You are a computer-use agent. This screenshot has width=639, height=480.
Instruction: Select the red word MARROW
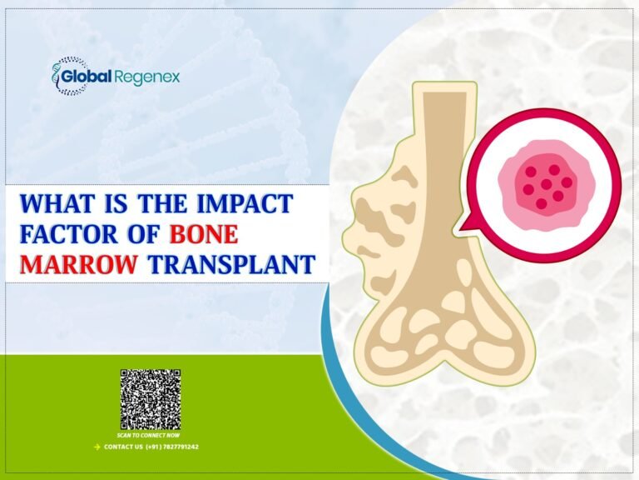78,265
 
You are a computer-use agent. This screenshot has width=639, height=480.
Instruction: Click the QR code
150,400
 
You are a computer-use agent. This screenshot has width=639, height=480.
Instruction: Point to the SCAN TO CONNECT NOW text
150,435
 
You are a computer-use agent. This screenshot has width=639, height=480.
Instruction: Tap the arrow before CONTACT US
97,447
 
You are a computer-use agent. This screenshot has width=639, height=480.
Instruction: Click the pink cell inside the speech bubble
542,184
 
